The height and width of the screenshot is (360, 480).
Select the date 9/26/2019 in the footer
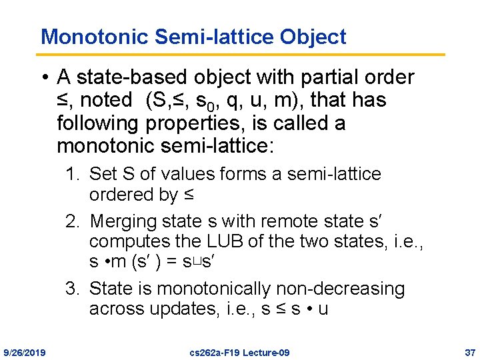pos(25,352)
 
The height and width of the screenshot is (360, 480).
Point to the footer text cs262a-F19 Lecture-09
pos(240,352)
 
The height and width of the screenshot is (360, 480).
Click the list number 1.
pos(71,175)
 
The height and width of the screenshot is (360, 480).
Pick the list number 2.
pos(71,221)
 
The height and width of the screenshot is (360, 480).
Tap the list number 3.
pos(71,289)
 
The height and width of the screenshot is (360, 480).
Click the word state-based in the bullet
pos(137,78)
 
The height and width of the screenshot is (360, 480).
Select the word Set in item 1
pos(103,175)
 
